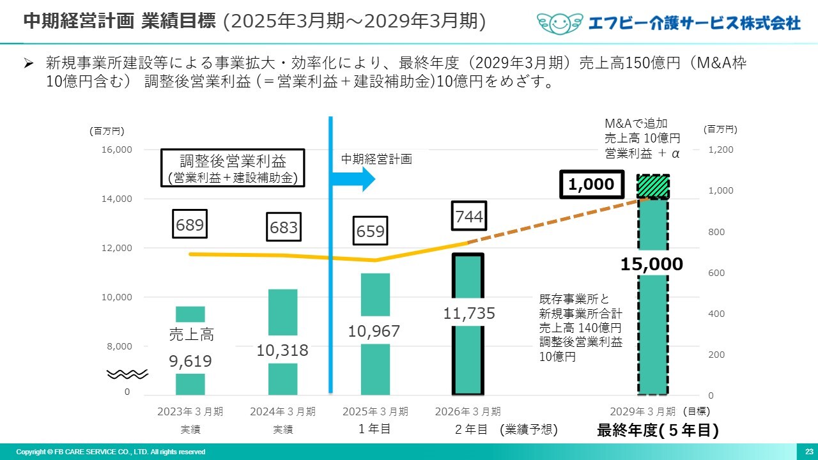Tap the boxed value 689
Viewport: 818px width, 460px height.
pyautogui.click(x=190, y=226)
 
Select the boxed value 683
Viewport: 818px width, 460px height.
pyautogui.click(x=282, y=228)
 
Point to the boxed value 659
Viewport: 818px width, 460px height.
pyautogui.click(x=371, y=231)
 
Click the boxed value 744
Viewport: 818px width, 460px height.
pyautogui.click(x=468, y=218)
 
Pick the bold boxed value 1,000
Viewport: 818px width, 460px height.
pyautogui.click(x=591, y=185)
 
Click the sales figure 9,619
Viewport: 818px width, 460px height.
pyautogui.click(x=190, y=362)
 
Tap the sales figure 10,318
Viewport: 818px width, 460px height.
pyautogui.click(x=282, y=350)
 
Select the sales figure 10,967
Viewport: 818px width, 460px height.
pyautogui.click(x=374, y=331)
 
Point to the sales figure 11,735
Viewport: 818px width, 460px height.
pyautogui.click(x=469, y=314)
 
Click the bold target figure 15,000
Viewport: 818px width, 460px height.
pyautogui.click(x=652, y=264)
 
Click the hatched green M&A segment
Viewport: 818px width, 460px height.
pyautogui.click(x=653, y=187)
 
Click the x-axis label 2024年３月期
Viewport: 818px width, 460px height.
pyautogui.click(x=282, y=411)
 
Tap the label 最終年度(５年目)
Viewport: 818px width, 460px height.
pyautogui.click(x=658, y=431)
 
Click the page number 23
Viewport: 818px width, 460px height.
pyautogui.click(x=808, y=452)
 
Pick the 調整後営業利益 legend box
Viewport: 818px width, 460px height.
pyautogui.click(x=233, y=168)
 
